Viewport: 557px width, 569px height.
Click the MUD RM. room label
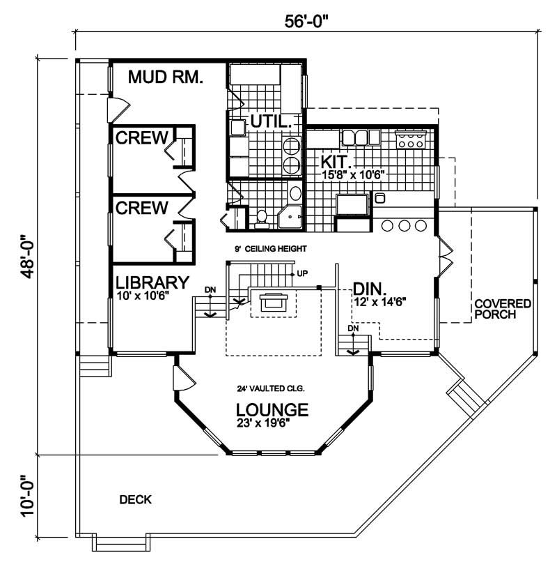pyautogui.click(x=166, y=77)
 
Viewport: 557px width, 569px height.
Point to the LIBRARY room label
pyautogui.click(x=152, y=283)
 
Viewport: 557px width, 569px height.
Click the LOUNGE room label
pyautogui.click(x=272, y=409)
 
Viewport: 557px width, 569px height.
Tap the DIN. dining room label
pyautogui.click(x=370, y=288)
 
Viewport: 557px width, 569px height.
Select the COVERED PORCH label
pyautogui.click(x=503, y=309)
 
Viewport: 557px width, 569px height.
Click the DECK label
pyautogui.click(x=135, y=499)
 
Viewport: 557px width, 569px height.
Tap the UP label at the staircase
pyautogui.click(x=302, y=273)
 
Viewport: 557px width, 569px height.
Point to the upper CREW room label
pyautogui.click(x=141, y=137)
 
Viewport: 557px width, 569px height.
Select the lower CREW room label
pyautogui.click(x=141, y=207)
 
